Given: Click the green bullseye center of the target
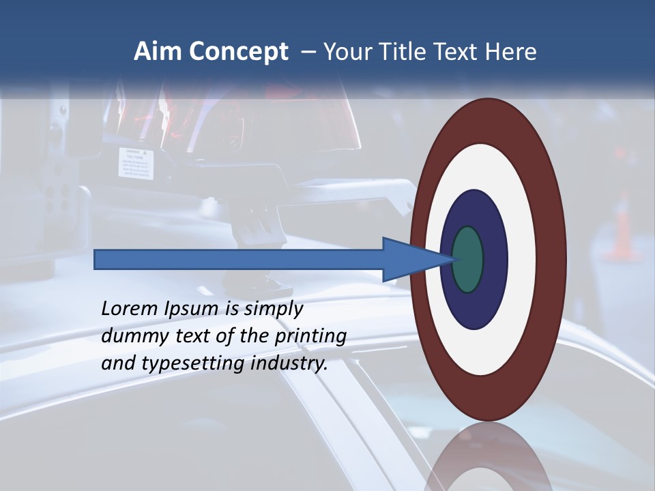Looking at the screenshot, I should tap(468, 260).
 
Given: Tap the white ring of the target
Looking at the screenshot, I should tap(522, 259).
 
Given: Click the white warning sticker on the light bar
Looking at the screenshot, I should tap(135, 162).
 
